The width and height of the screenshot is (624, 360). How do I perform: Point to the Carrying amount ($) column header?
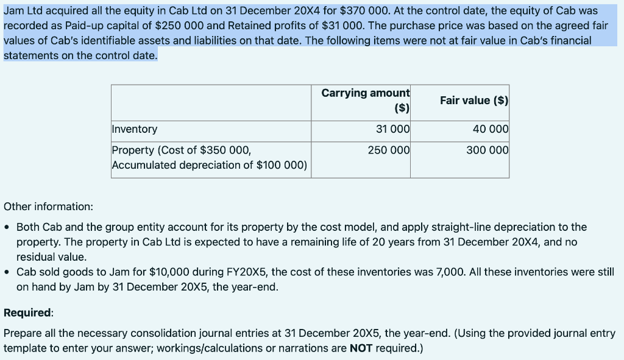(x=366, y=101)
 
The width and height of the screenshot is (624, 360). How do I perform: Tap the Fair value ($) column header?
(x=474, y=101)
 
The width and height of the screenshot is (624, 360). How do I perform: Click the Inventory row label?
(x=134, y=129)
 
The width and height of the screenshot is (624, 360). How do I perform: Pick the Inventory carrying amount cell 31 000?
(x=394, y=129)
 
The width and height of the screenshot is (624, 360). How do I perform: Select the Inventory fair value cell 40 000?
(x=491, y=129)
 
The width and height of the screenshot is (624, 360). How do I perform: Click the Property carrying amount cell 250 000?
(x=389, y=150)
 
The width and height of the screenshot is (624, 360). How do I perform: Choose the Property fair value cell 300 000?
(x=487, y=150)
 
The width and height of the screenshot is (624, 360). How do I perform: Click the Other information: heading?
(x=49, y=206)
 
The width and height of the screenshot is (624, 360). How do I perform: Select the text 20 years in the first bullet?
(x=368, y=242)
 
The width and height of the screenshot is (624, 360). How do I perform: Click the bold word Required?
(x=27, y=312)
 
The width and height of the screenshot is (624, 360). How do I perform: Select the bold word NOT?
(x=363, y=348)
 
